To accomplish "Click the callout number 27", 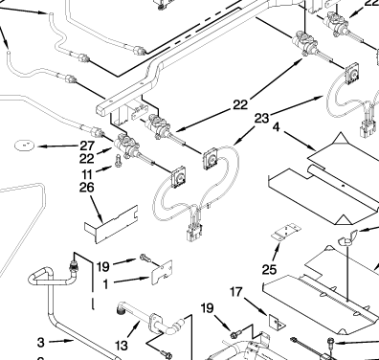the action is (87, 146).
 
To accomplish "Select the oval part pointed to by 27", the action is (24, 146).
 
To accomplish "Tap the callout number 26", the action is (87, 187).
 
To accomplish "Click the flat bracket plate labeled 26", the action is (111, 224).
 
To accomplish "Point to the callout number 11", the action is (87, 174).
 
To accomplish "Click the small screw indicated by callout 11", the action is (118, 160).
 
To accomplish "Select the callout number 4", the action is (276, 127).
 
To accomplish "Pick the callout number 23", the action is (261, 119).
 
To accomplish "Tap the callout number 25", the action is (269, 270).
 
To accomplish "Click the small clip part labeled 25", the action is (286, 233).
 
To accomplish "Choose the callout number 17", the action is (235, 291).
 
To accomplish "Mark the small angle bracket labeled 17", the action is (277, 322).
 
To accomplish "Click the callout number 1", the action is (105, 284).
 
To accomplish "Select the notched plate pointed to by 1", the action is (162, 273).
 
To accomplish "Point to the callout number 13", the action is (121, 346).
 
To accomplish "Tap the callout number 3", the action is (40, 343).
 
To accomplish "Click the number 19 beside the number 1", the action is (102, 266).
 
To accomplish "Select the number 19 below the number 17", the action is (207, 308).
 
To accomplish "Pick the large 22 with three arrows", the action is (240, 104).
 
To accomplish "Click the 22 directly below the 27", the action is (87, 159).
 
